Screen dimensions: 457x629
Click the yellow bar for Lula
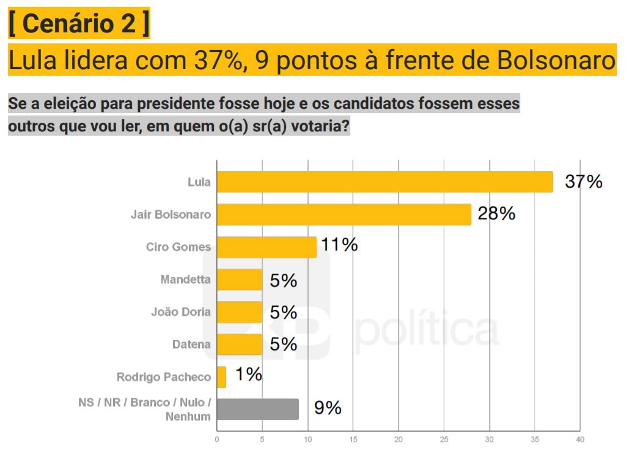click(385, 182)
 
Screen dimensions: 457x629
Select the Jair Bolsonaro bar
click(344, 214)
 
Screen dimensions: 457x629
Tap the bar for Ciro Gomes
click(267, 247)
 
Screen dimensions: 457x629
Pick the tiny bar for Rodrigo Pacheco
click(221, 377)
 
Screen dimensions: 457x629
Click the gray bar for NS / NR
click(258, 409)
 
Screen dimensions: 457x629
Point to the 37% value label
click(584, 181)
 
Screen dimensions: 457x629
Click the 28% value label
click(496, 214)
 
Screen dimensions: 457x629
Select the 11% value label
click(339, 246)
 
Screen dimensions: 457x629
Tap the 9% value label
click(328, 408)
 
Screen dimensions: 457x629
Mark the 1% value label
click(249, 375)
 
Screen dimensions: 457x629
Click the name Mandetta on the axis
click(185, 280)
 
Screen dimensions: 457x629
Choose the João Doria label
click(180, 312)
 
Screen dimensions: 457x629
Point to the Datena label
click(191, 345)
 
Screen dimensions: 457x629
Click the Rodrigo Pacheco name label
click(163, 377)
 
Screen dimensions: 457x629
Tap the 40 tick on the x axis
click(580, 439)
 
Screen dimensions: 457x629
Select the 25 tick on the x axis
click(444, 439)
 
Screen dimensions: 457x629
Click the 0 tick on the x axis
click(217, 439)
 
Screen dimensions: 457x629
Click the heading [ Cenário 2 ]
click(79, 25)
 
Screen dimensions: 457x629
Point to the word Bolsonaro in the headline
click(556, 60)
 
